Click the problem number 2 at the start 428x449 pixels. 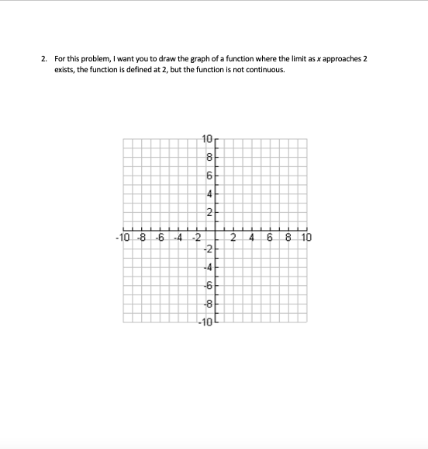pos(45,58)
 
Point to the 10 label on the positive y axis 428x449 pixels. pos(205,140)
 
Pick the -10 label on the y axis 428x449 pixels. pos(205,324)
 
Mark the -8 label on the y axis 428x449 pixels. pos(206,307)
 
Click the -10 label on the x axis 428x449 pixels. pos(121,237)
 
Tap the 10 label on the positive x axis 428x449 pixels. pos(305,237)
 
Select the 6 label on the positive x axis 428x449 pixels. pos(269,237)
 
